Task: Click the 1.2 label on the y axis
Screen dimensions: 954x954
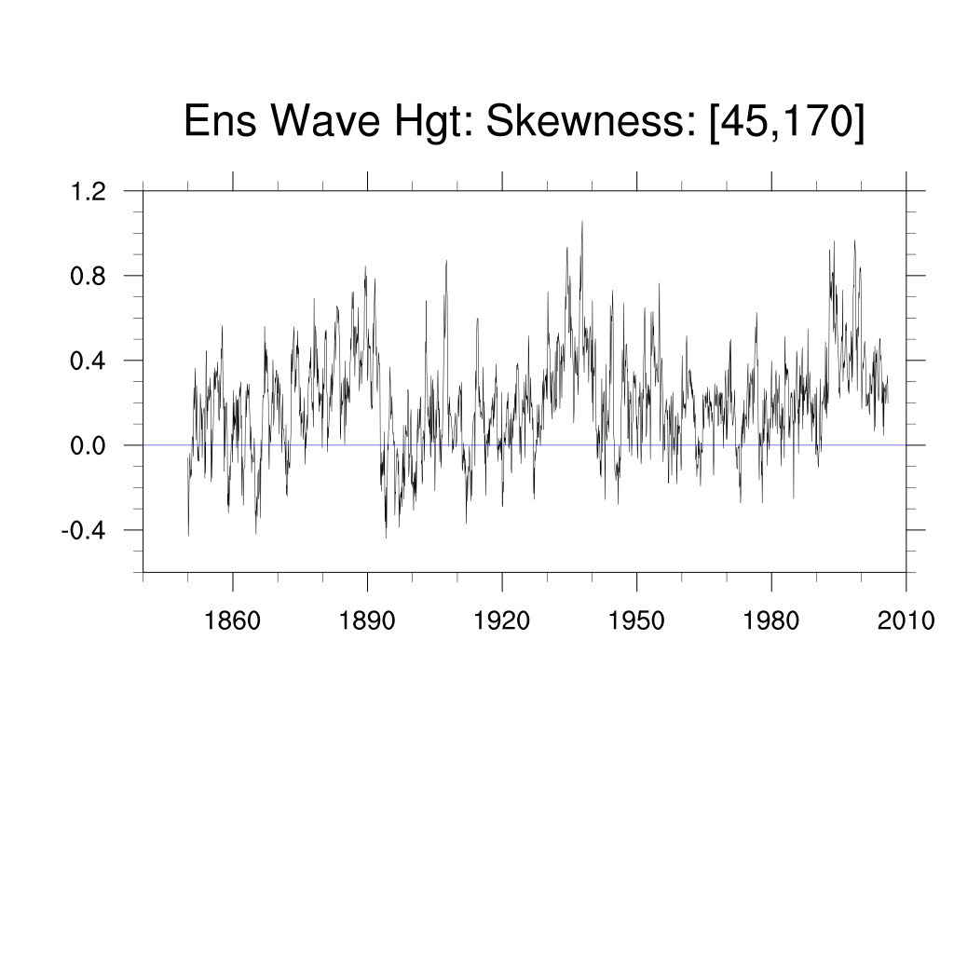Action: [89, 192]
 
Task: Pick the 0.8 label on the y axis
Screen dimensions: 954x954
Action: [89, 277]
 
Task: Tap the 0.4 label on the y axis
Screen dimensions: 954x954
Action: [89, 361]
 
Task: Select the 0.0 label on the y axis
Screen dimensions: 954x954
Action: [89, 446]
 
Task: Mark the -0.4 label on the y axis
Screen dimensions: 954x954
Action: [84, 531]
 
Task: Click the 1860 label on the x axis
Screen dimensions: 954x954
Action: [232, 620]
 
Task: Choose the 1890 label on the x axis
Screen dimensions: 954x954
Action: [367, 620]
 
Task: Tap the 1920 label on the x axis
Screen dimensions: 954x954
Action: [502, 620]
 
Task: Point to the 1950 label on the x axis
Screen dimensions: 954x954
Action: [636, 620]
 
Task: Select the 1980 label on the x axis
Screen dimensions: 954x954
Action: [771, 620]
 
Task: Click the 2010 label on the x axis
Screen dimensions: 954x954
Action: [906, 620]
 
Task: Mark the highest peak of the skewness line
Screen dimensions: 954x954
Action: [582, 222]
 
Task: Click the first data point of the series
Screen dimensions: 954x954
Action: [188, 535]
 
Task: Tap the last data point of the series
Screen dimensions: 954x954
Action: [888, 402]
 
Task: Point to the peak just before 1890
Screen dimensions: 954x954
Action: [365, 266]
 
